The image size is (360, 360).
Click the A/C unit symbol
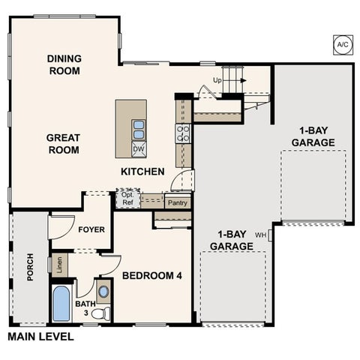coord(343,45)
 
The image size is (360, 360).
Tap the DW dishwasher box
coord(139,149)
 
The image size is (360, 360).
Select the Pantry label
coord(178,202)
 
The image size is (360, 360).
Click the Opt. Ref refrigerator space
coord(127,199)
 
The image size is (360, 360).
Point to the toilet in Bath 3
coord(100,313)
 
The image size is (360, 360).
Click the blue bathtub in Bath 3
coord(61,303)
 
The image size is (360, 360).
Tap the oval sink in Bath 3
coord(103,292)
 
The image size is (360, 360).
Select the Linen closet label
coord(59,265)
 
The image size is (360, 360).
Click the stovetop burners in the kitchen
coord(183,133)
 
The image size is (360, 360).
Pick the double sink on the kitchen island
coord(139,129)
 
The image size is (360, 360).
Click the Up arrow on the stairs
coord(234,80)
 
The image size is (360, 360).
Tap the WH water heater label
coord(260,235)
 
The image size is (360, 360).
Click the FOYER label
coord(91,229)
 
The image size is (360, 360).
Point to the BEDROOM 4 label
coord(152,275)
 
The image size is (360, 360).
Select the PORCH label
coord(30,267)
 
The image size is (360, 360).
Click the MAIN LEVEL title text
coord(40,337)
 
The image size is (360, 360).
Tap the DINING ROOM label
coord(64,64)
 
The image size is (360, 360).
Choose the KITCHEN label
coord(142,172)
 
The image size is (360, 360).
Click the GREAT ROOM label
coord(63,144)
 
